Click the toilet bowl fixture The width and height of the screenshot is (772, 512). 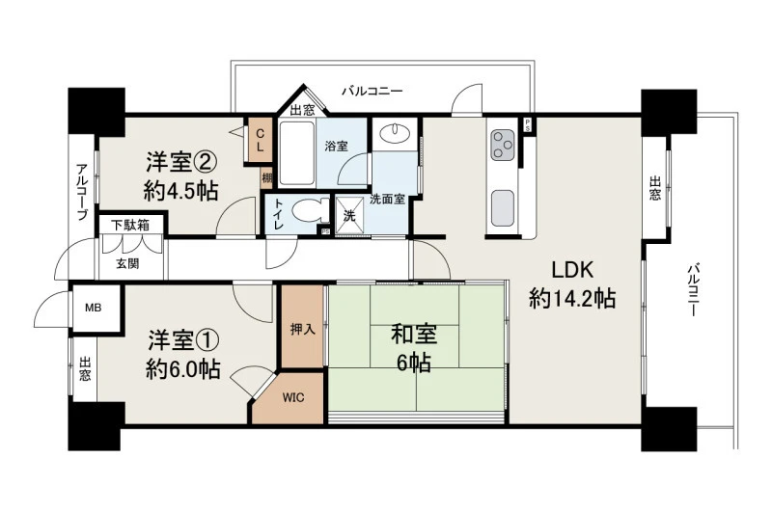pos(310,211)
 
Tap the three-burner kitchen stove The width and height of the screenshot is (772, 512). pos(503,145)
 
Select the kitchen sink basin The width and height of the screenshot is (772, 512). pos(503,208)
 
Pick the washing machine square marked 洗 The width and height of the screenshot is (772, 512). pos(349,215)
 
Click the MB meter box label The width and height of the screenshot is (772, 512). pos(93,308)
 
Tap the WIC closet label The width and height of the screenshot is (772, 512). pos(293,398)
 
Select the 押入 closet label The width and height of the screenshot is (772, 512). pos(303,329)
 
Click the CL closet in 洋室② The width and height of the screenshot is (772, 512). pos(260,140)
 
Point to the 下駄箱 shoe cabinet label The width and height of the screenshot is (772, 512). pos(130,226)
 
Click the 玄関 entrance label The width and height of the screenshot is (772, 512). pos(127,263)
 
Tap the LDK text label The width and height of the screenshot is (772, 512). pos(572,271)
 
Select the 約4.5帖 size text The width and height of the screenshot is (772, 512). pos(181,191)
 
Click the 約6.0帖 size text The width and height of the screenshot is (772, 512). pos(183,369)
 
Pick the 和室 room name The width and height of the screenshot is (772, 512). pos(414,335)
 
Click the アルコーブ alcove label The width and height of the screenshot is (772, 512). pos(82,192)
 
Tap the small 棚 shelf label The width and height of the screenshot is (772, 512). pos(266,178)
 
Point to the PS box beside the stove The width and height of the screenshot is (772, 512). pos(527,124)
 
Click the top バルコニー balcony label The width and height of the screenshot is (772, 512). pos(372,91)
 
